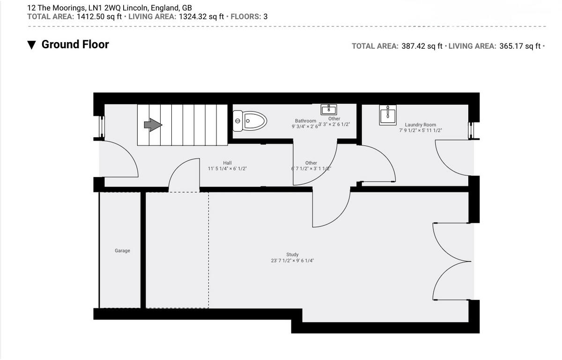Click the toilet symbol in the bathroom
(x=249, y=121)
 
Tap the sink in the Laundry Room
(x=388, y=115)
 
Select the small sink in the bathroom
(x=328, y=110)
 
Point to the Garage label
(x=122, y=251)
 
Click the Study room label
(x=292, y=255)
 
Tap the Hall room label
(x=227, y=163)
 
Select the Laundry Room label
(x=420, y=125)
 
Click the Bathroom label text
(x=305, y=121)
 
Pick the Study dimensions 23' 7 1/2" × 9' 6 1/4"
(x=292, y=261)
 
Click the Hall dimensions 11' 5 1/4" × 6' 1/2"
(x=227, y=168)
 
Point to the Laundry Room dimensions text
(x=420, y=130)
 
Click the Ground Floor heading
(x=75, y=45)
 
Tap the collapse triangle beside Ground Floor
(x=31, y=45)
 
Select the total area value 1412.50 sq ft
(x=99, y=16)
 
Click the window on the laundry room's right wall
(x=472, y=130)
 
